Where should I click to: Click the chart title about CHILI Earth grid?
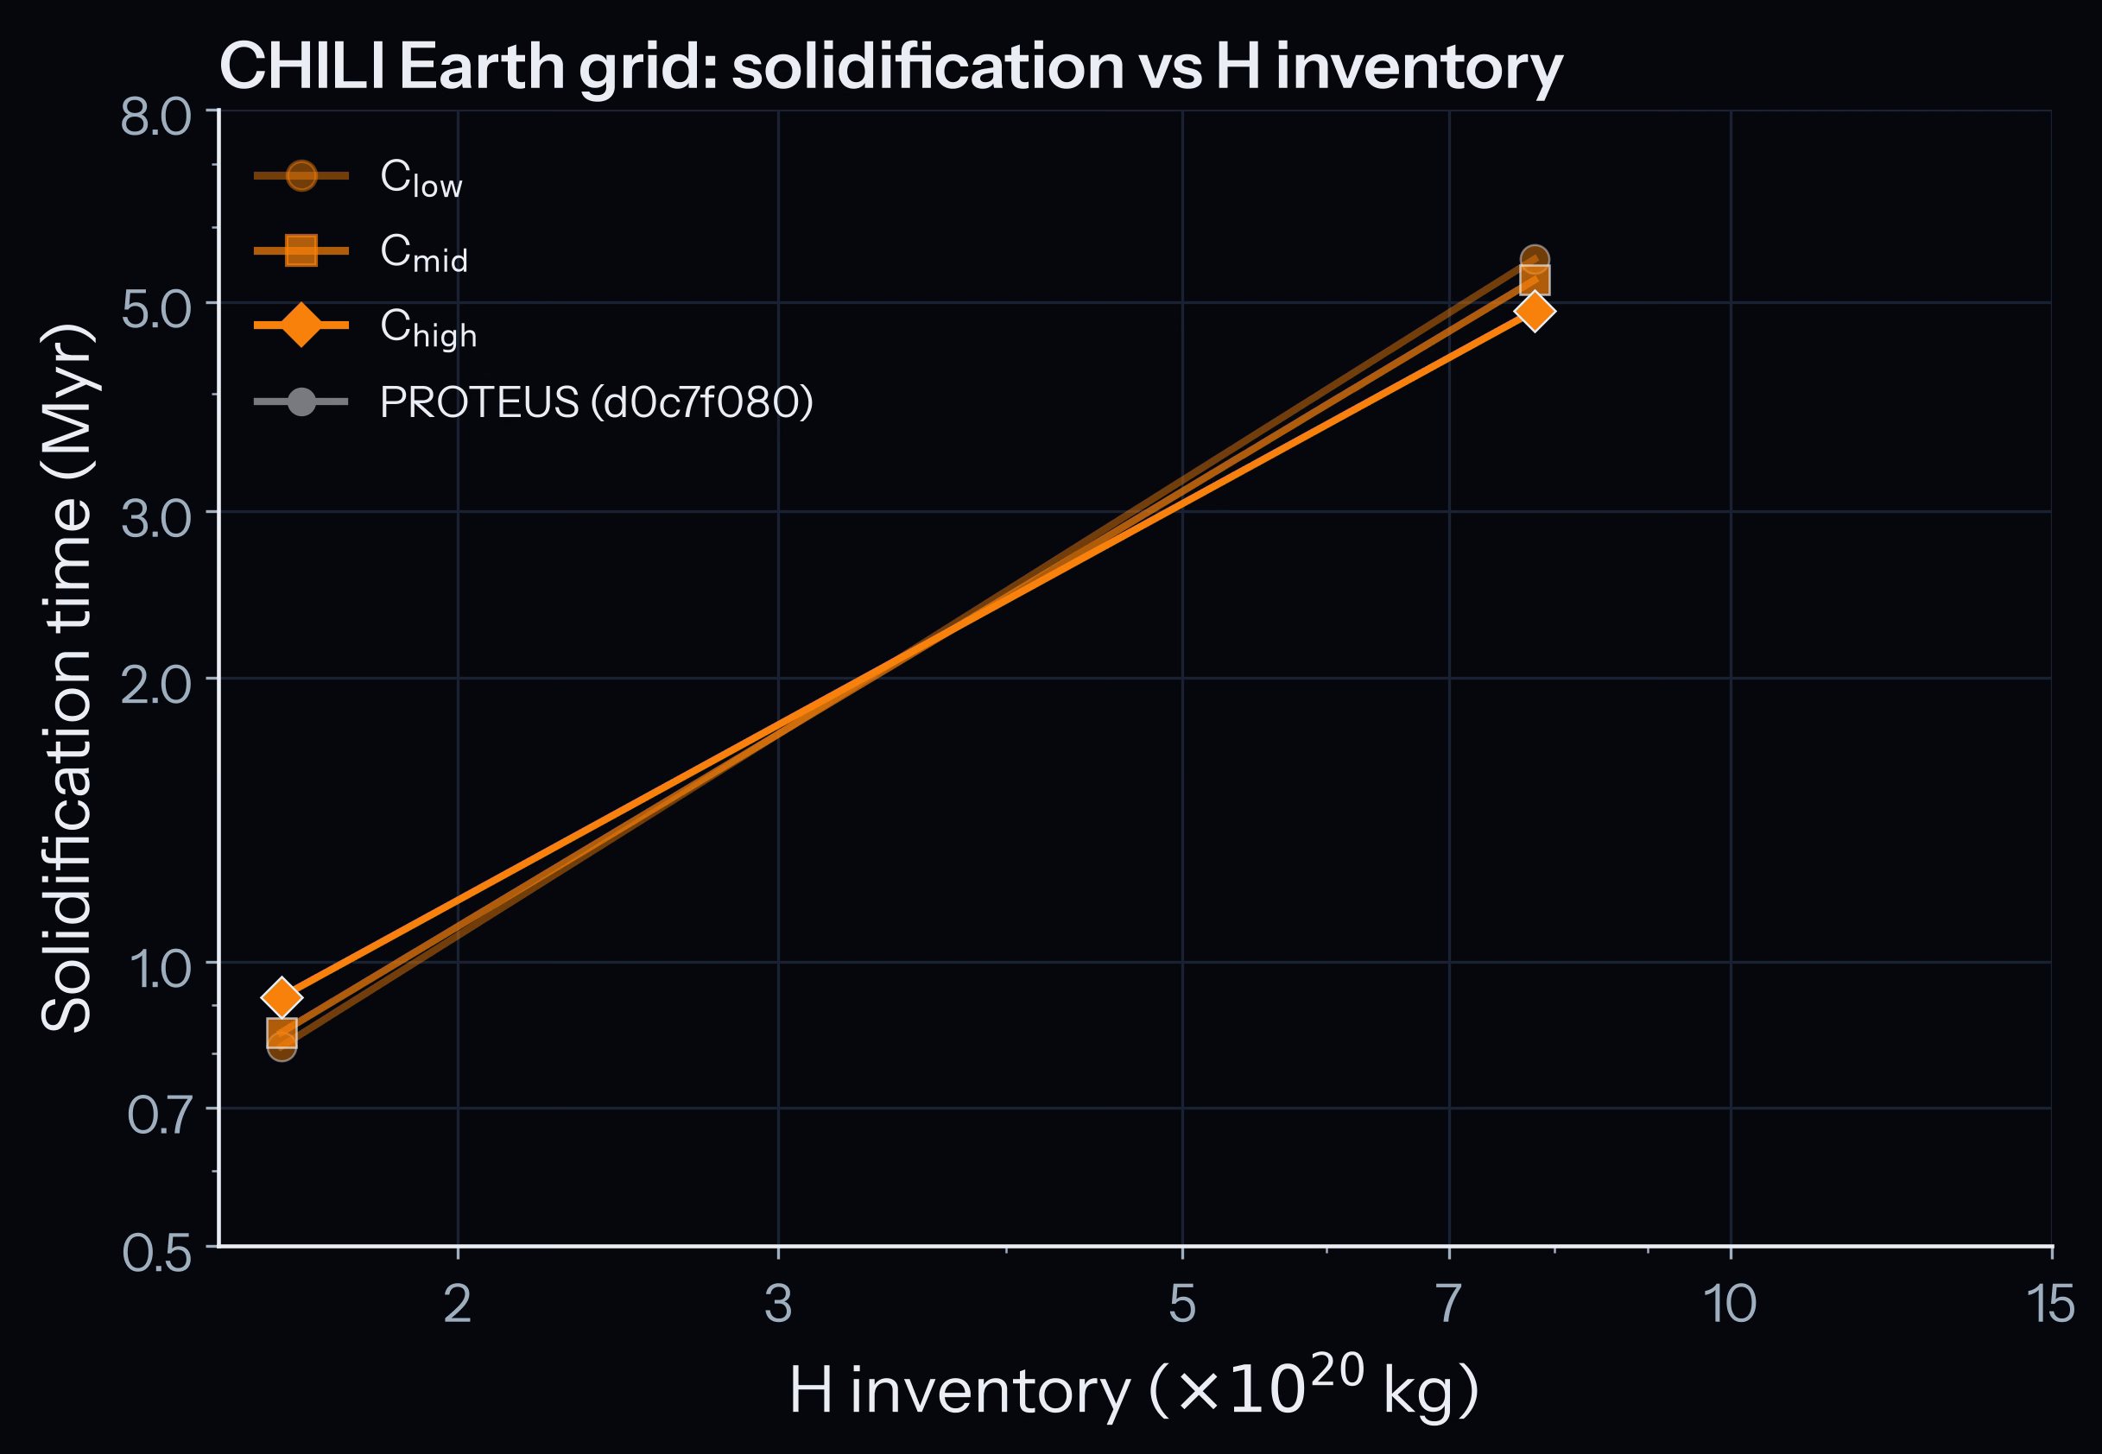890,67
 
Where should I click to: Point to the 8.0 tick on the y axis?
156,118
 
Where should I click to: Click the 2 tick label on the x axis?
458,1304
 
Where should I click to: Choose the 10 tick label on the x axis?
1729,1304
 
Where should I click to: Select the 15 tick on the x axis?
2051,1304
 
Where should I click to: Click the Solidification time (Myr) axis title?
67,679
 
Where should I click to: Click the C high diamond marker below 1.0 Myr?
282,996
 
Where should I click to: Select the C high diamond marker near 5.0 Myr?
1535,312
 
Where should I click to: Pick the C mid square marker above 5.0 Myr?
1535,281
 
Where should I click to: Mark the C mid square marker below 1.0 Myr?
282,1032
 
